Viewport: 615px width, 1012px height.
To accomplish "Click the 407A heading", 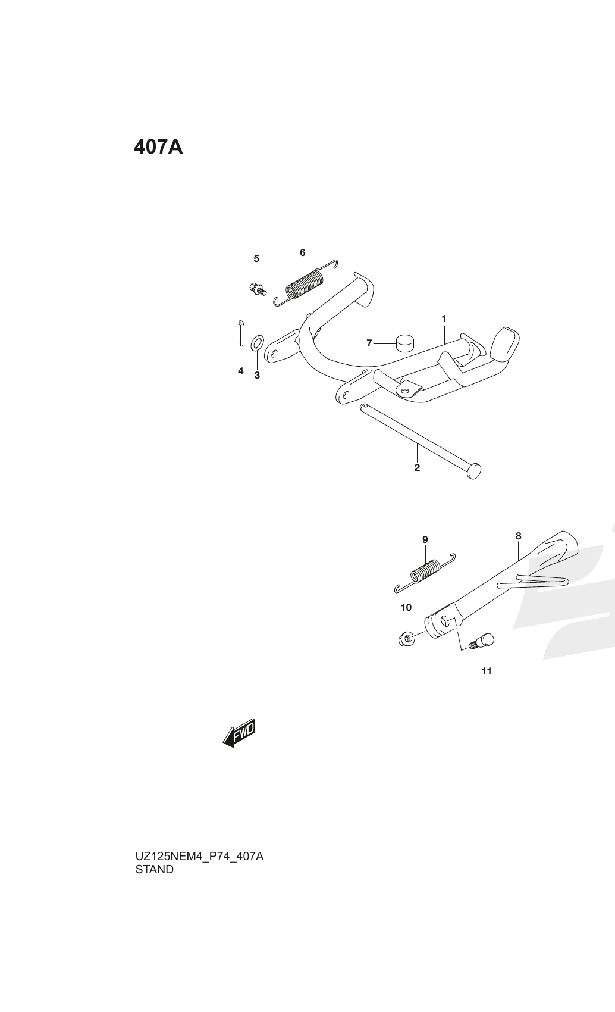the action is click(158, 147).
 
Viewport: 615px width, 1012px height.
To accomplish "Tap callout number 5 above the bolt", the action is click(256, 258).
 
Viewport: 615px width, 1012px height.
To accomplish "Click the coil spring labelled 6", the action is click(306, 284).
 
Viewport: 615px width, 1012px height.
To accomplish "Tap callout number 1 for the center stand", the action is click(444, 319).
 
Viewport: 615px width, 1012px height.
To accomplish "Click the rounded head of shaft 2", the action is click(473, 471).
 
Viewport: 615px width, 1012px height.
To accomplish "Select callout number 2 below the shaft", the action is click(417, 467).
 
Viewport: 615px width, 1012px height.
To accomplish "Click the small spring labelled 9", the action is click(425, 573).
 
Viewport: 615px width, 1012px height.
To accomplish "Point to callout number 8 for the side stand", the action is click(519, 536).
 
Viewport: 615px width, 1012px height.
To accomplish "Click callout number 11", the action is click(487, 671).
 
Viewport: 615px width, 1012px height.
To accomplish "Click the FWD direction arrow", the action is click(239, 733).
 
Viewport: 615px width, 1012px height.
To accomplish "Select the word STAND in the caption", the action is click(155, 869).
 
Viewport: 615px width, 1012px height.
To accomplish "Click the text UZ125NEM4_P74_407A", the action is click(200, 856).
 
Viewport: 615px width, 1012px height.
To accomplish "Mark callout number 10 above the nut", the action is click(406, 608).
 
